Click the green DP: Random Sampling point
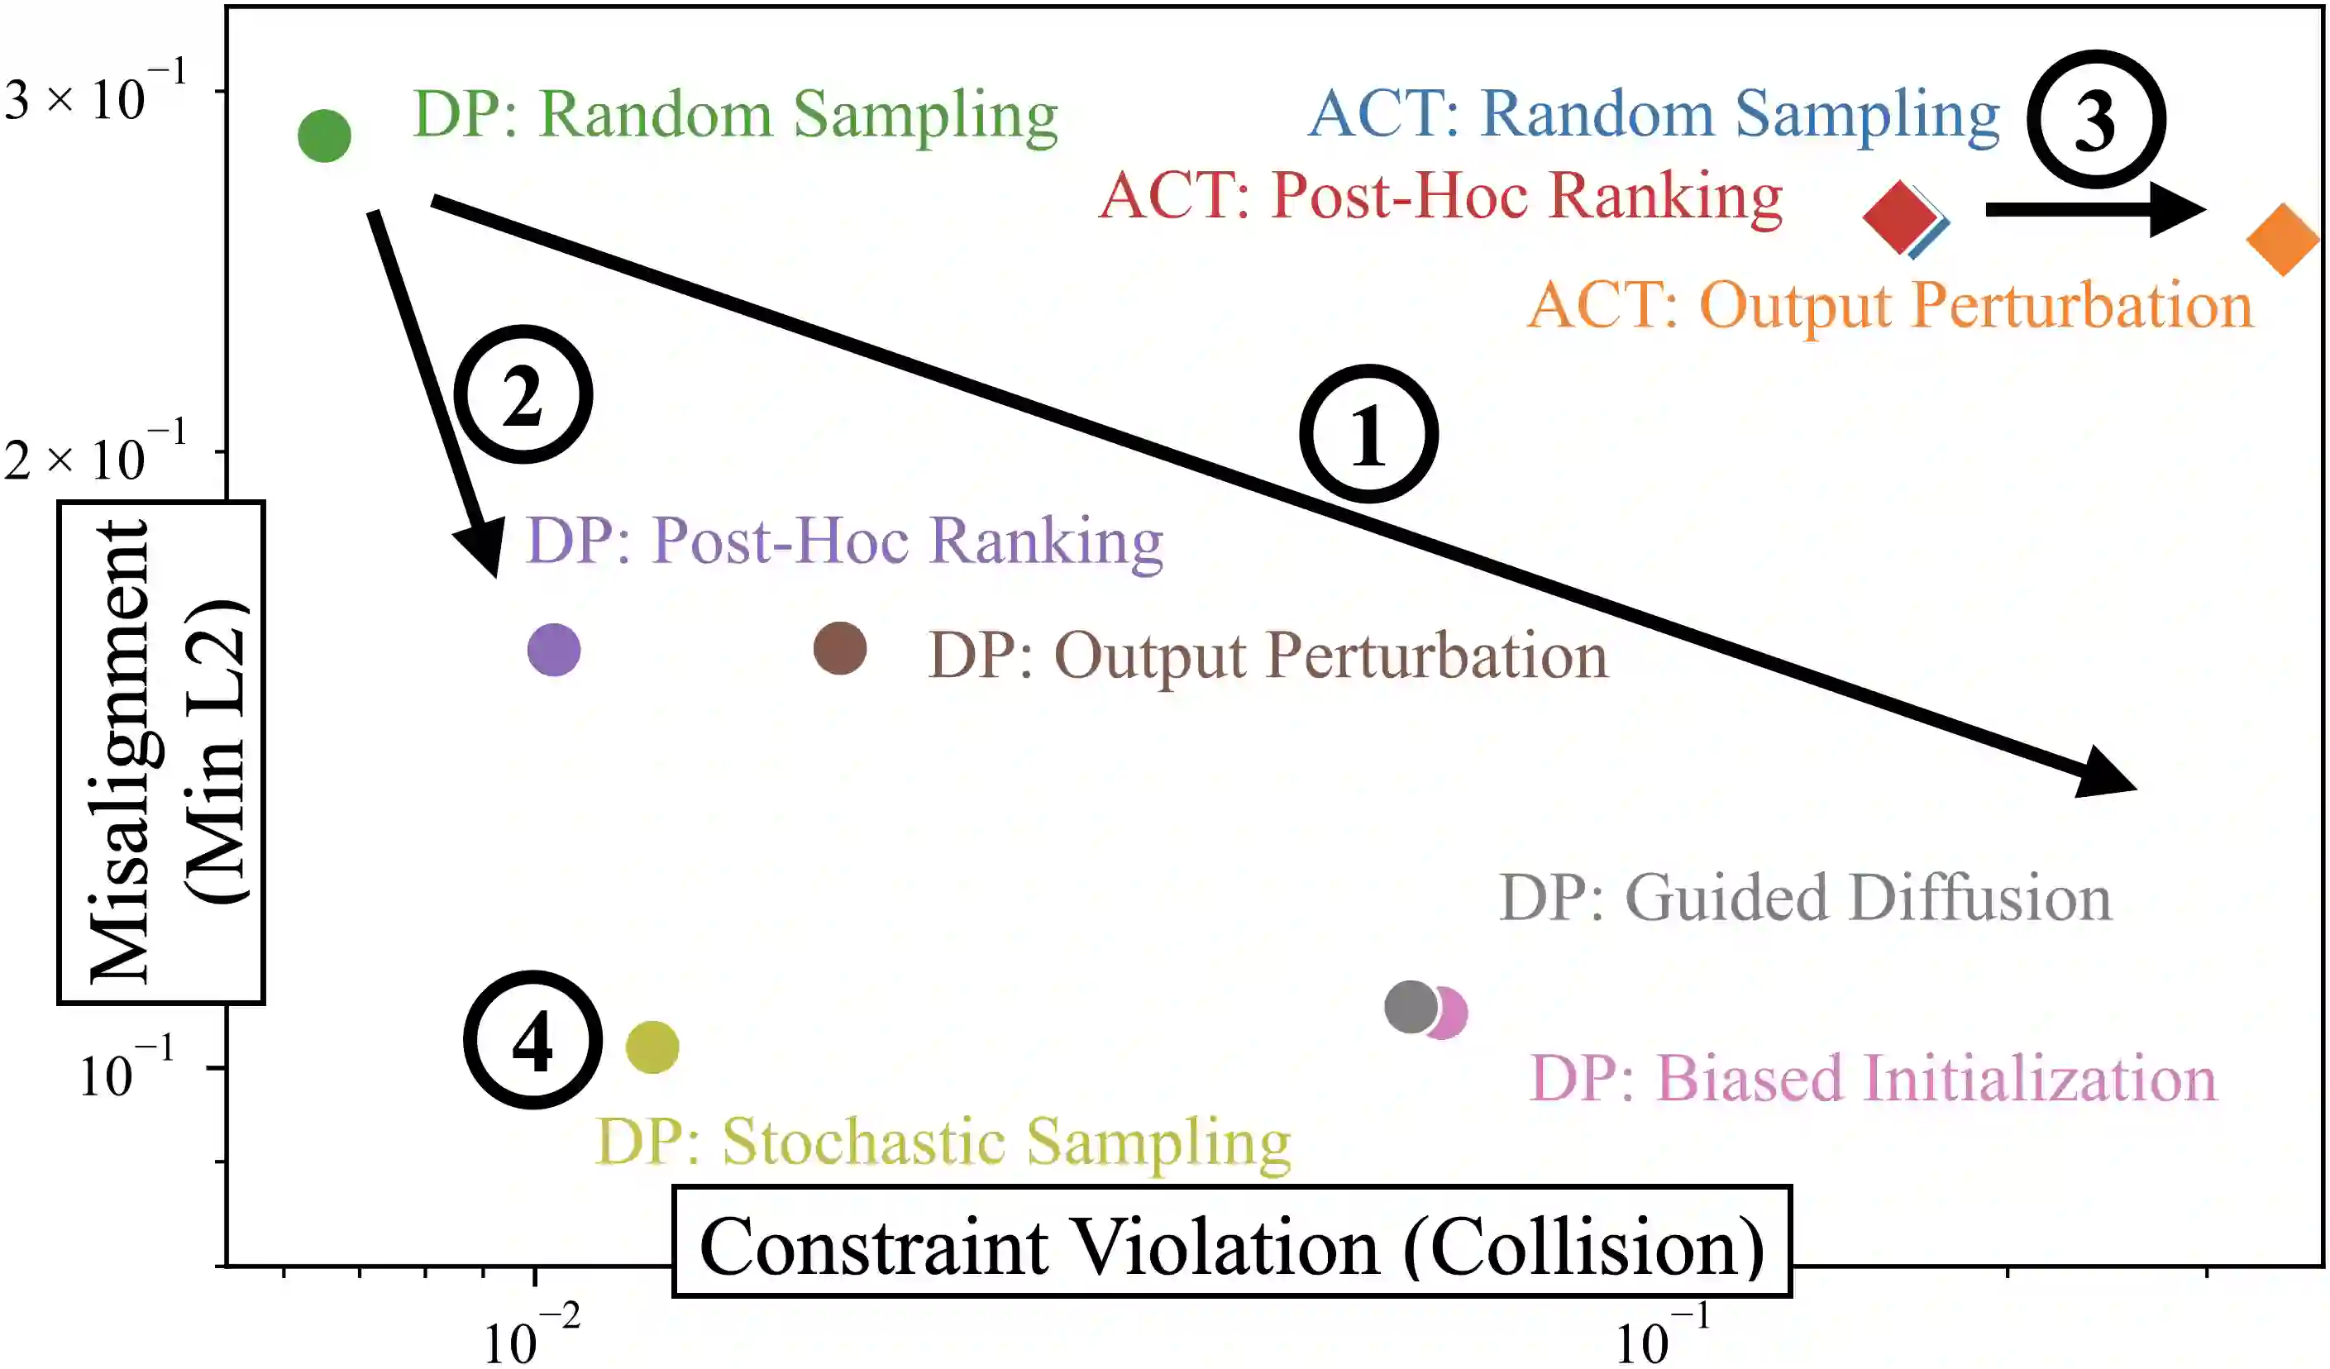[325, 136]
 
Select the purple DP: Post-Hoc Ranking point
[554, 650]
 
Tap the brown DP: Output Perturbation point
[839, 648]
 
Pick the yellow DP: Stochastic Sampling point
[652, 1047]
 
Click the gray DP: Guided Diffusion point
[1410, 1007]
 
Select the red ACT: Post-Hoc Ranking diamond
[1899, 217]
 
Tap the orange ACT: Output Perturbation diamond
[2283, 240]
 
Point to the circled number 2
[524, 394]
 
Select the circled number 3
[2095, 120]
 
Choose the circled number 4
[532, 1040]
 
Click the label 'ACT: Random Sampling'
[1653, 115]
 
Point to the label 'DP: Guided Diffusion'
[1805, 898]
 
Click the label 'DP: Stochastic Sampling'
[943, 1142]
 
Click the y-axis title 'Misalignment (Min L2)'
[162, 752]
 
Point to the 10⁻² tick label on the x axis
[532, 1335]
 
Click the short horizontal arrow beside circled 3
[2094, 211]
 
